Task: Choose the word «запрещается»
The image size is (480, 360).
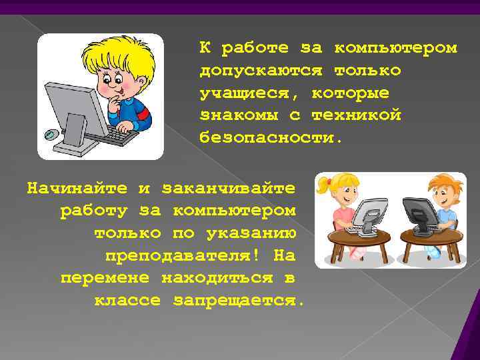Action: pos(239,301)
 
